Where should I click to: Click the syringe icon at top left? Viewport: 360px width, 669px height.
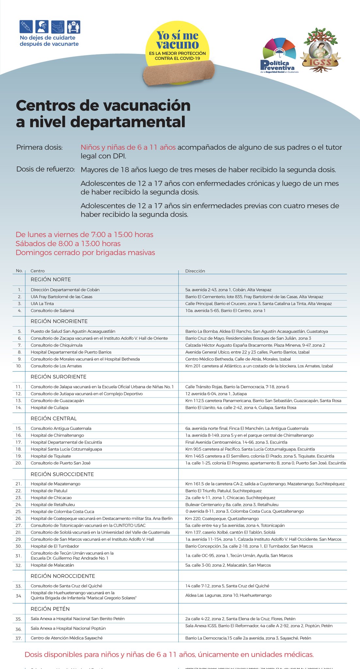coord(26,26)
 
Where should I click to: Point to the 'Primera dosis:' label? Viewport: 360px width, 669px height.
coord(39,147)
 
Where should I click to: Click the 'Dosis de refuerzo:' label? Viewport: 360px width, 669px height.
coord(45,170)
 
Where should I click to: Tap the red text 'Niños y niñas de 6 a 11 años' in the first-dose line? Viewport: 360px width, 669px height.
coord(128,147)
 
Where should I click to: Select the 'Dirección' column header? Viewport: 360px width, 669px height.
coord(195,271)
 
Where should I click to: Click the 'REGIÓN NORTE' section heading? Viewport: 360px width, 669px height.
coord(51,280)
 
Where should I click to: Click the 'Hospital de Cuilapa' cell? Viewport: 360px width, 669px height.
coord(49,408)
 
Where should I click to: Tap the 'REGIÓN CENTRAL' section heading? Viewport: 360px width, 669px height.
coord(54,418)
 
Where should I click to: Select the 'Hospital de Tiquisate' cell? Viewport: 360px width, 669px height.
coord(51,456)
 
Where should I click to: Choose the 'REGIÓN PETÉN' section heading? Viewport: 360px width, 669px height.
coord(50,609)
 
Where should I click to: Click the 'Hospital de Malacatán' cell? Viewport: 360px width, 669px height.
coord(52,565)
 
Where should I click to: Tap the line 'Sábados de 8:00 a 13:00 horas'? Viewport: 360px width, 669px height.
coord(68,244)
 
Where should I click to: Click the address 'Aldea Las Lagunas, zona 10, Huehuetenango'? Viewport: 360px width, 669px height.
coord(228,596)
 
